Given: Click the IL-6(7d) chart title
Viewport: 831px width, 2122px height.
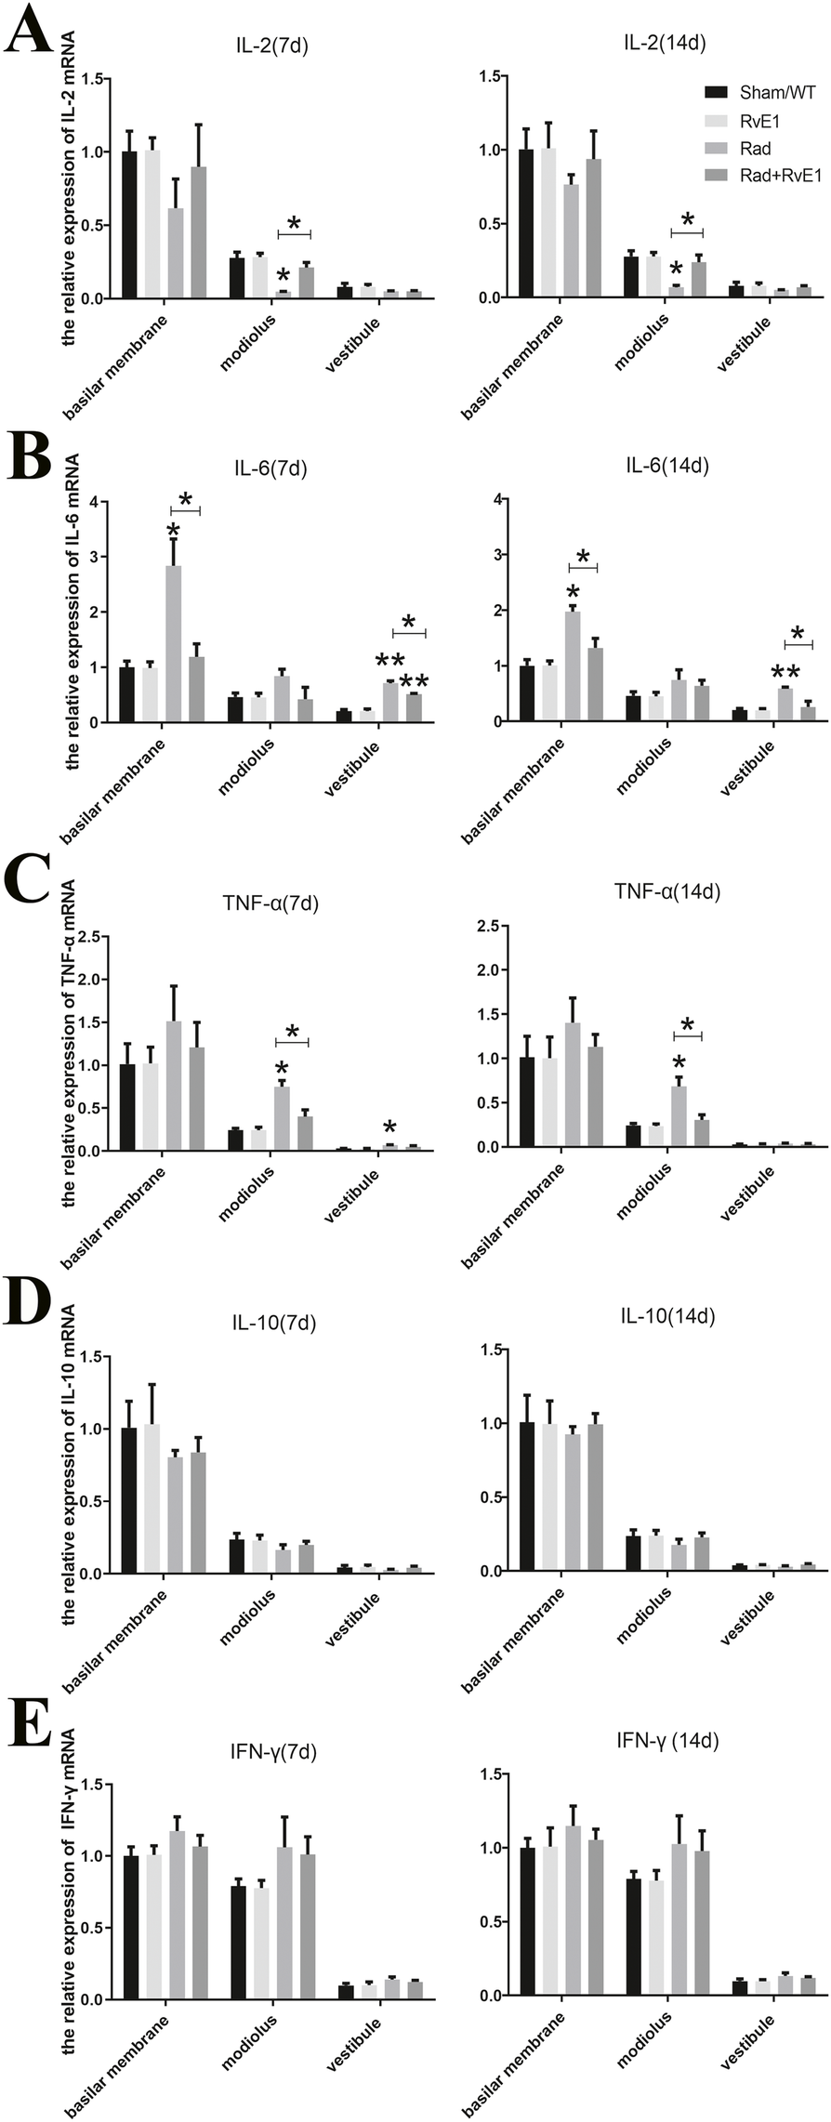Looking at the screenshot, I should (x=270, y=469).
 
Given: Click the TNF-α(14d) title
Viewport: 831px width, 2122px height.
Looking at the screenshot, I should (x=667, y=891).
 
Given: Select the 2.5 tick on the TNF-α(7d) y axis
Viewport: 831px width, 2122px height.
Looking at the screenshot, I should (x=89, y=936).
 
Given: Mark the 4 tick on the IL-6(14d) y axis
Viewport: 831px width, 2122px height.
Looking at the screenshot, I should (x=499, y=499).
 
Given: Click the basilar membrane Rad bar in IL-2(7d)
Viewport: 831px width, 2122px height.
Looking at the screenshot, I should (x=176, y=252).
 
